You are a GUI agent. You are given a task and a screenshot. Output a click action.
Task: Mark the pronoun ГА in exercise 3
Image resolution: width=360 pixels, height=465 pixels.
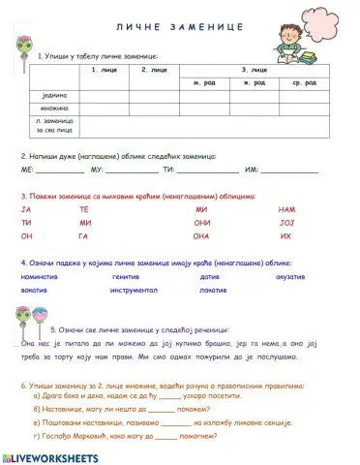[84, 236]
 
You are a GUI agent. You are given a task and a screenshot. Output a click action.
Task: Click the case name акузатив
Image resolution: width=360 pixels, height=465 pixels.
[291, 276]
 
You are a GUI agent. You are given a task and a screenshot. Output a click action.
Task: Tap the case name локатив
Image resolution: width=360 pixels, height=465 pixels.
[213, 290]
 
